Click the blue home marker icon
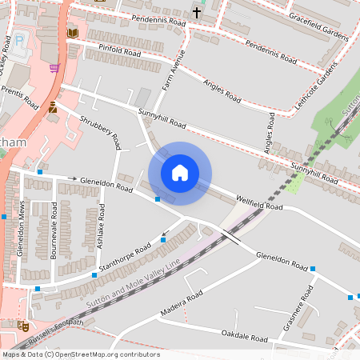coord(180,173)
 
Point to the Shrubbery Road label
coord(100,131)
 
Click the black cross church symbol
coord(197,13)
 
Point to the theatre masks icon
coord(23,326)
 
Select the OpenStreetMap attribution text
coord(81,354)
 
